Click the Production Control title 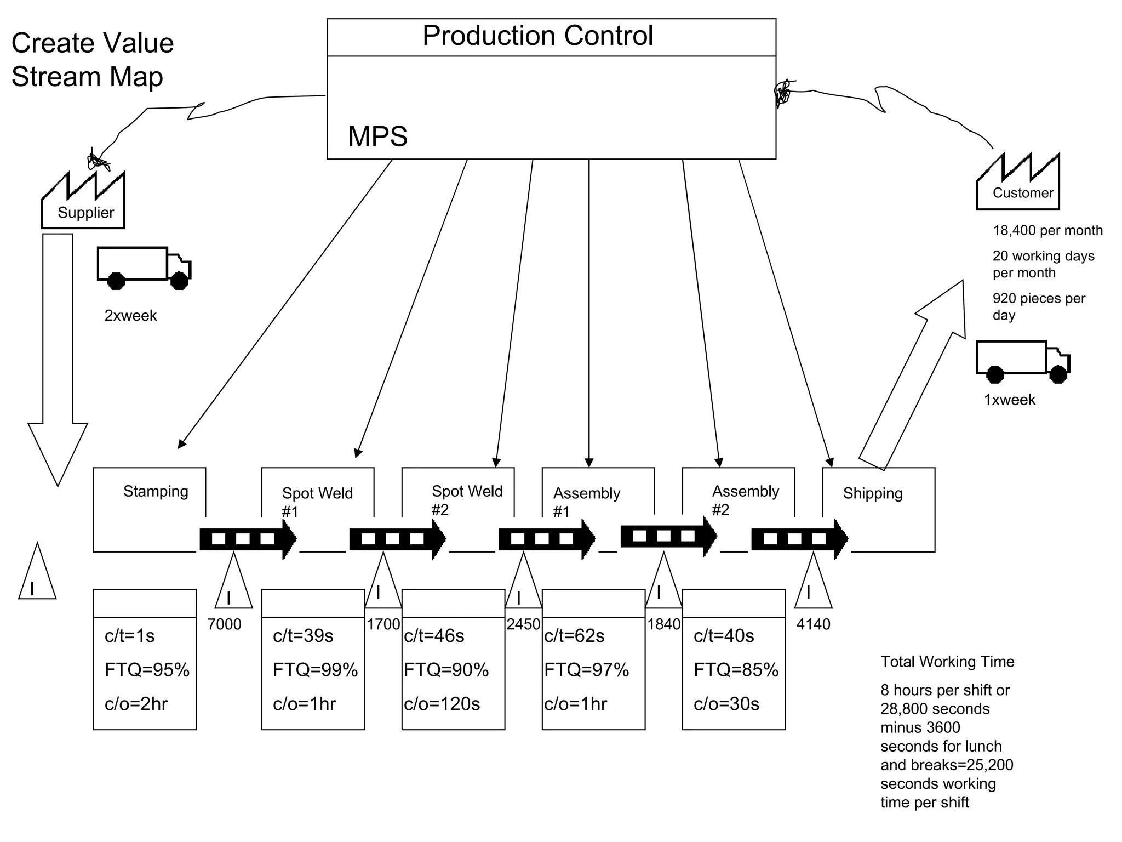[537, 36]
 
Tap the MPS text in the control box [377, 136]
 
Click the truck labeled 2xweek [143, 268]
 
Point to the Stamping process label [156, 491]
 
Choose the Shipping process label [872, 493]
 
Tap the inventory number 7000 [225, 624]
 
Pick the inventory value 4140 [813, 624]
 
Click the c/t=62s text [574, 636]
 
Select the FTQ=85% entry [736, 670]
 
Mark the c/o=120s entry [442, 704]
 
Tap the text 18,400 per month [1047, 231]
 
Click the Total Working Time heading [947, 662]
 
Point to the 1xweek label [1009, 400]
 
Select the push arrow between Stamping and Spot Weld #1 [248, 539]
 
